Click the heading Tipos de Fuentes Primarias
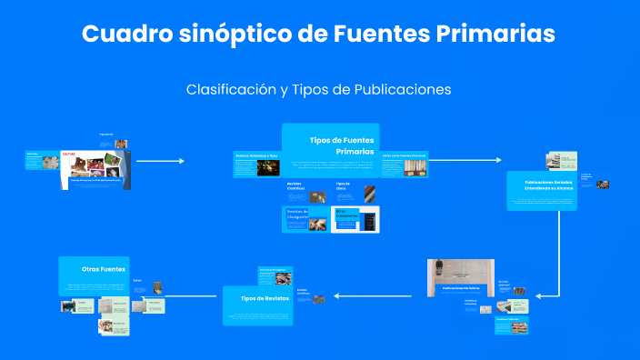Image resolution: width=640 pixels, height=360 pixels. (x=341, y=145)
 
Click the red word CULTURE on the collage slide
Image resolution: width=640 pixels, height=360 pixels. (x=67, y=155)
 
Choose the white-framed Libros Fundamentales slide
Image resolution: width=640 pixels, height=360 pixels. (x=355, y=219)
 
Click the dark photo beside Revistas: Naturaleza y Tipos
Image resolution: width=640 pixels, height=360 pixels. (x=267, y=168)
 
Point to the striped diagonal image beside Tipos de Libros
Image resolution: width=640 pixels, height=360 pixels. (x=369, y=194)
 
